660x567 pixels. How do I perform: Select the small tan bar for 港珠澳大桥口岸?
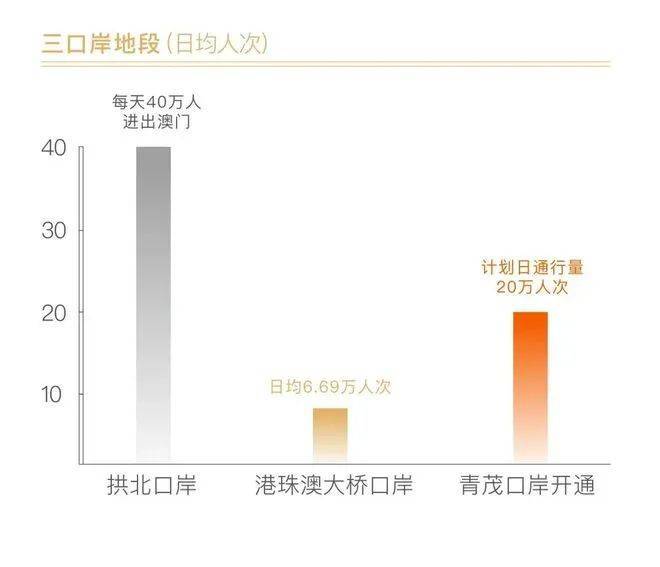330,435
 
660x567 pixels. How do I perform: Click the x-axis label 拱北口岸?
152,487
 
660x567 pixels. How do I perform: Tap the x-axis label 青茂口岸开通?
528,487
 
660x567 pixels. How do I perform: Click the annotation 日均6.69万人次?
329,387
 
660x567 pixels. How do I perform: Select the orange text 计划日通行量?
531,268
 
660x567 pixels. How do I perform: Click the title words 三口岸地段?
98,44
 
